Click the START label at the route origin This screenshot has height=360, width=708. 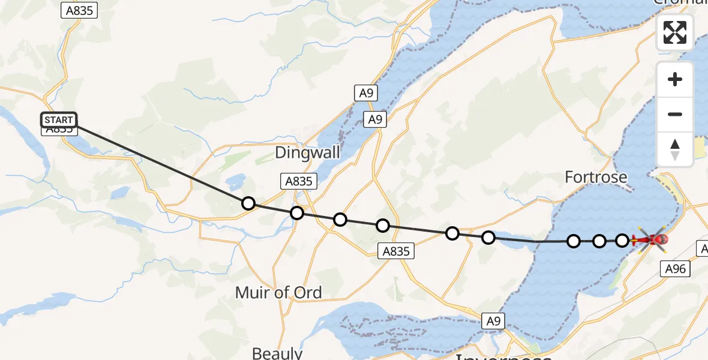click(x=59, y=120)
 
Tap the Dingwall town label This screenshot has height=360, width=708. click(x=308, y=152)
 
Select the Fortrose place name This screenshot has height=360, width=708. click(x=596, y=177)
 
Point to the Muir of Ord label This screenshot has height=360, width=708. click(x=278, y=293)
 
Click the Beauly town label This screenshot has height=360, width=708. click(x=277, y=353)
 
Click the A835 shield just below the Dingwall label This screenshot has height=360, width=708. click(x=298, y=181)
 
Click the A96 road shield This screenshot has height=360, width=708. click(x=675, y=269)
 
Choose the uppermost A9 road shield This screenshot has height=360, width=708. click(x=365, y=93)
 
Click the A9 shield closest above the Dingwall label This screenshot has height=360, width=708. click(x=375, y=119)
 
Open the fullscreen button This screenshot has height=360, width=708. click(x=675, y=32)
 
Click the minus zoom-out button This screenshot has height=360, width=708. click(x=675, y=114)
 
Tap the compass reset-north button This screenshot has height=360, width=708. click(x=675, y=149)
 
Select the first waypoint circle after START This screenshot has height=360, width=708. click(x=248, y=203)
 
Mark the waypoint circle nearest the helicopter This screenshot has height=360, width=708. click(x=622, y=241)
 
